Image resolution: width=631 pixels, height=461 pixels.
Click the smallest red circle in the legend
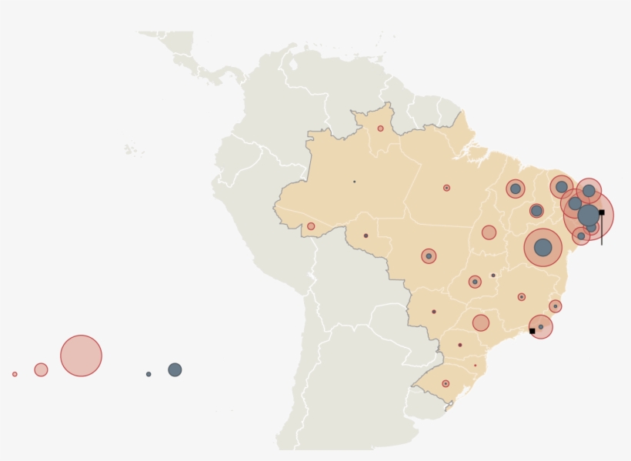tap(15, 374)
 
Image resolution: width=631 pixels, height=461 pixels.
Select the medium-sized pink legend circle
tap(41, 369)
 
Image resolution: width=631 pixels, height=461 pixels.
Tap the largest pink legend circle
tap(81, 356)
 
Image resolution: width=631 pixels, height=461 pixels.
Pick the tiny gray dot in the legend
tap(149, 374)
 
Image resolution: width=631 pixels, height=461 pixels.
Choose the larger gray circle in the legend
tap(175, 369)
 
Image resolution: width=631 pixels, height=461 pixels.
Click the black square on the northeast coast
tap(602, 212)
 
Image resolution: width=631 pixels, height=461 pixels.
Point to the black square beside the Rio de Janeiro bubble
tap(532, 331)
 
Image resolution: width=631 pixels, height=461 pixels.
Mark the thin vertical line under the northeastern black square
tap(602, 230)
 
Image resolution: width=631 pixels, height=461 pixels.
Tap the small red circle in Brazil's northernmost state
tap(380, 129)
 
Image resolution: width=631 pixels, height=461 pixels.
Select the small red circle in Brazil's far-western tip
tap(311, 226)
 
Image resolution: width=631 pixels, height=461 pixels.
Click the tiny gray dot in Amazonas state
tap(354, 182)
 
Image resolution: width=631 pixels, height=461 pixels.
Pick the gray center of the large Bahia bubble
tap(543, 247)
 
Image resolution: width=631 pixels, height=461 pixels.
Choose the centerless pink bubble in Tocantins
tap(489, 232)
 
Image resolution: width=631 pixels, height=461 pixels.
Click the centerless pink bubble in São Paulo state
tap(480, 322)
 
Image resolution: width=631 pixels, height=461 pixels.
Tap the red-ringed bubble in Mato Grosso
tap(429, 256)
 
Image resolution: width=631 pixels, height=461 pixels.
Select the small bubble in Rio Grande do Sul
tap(446, 383)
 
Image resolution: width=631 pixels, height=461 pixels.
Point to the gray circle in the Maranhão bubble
tap(515, 189)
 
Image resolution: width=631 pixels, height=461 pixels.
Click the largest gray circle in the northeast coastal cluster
tap(589, 215)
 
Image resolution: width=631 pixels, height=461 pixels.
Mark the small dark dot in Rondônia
tap(366, 236)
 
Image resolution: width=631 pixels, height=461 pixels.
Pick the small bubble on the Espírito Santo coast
tap(555, 306)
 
